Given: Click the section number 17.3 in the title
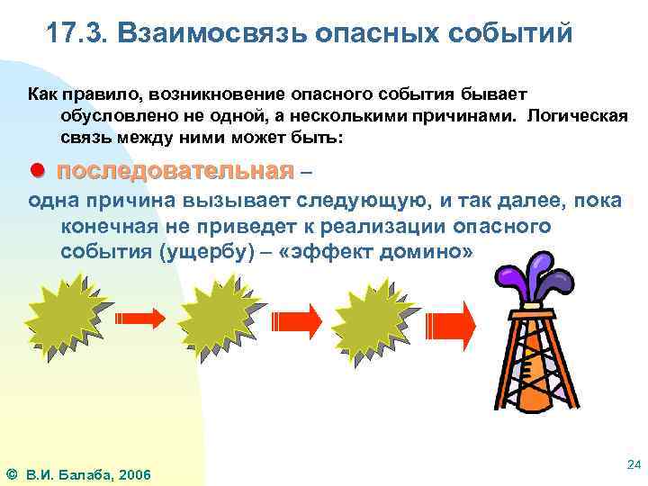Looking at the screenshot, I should tap(76, 33).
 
